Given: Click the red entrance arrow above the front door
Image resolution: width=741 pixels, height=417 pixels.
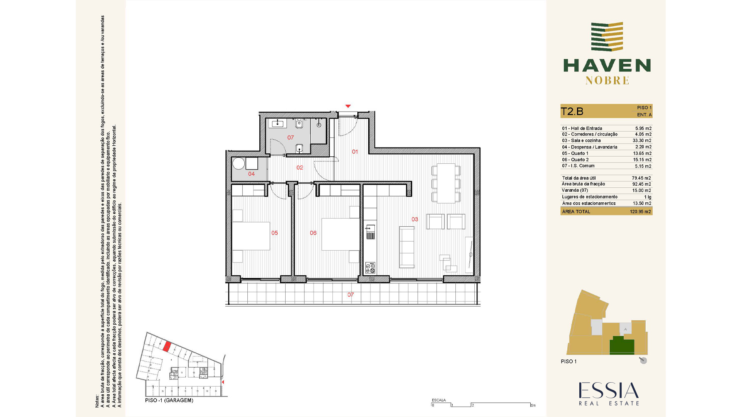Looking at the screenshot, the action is point(348,106).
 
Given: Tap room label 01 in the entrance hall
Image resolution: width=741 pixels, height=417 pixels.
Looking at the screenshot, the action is point(355,152).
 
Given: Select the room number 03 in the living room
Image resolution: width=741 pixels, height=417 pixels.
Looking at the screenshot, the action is point(414,219).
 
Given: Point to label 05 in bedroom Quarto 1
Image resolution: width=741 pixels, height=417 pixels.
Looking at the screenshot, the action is point(274,233).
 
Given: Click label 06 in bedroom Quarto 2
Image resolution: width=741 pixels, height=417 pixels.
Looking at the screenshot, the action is point(313,233).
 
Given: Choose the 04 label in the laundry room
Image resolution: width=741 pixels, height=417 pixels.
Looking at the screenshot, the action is point(251,174).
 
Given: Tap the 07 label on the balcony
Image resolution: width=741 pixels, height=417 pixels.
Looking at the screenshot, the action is point(350,295).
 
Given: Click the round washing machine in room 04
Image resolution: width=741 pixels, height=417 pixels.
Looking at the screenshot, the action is point(239,163).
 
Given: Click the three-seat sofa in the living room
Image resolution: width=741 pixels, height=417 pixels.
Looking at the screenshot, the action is point(407,247).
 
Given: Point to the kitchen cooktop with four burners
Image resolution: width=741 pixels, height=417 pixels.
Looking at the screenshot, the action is point(370,268).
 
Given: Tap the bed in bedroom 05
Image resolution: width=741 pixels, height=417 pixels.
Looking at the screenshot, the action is point(251,236).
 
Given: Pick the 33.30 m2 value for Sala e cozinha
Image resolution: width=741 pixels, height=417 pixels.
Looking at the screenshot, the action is point(642,141).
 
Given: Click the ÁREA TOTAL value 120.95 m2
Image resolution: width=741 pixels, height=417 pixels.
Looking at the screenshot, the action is point(640,212).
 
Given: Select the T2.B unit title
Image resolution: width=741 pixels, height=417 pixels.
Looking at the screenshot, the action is point(572,112).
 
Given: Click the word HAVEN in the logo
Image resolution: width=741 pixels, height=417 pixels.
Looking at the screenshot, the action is point(607,66).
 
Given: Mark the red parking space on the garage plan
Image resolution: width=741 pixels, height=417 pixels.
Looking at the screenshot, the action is point(166,346).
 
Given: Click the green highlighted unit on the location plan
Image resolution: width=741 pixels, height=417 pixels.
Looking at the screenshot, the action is point(622,345).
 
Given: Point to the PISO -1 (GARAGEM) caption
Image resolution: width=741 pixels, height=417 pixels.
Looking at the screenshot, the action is point(169,400).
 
